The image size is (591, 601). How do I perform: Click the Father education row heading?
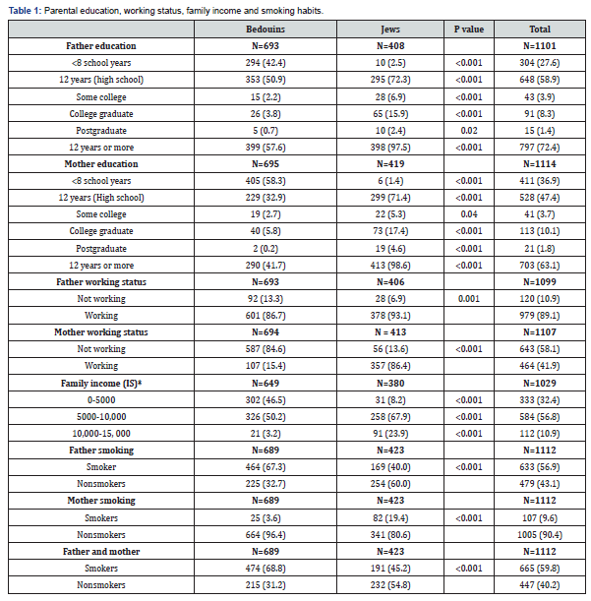pos(100,46)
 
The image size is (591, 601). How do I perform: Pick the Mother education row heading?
pos(100,163)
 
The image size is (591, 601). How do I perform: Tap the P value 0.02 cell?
pos(469,130)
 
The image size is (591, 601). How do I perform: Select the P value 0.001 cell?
pos(469,298)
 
